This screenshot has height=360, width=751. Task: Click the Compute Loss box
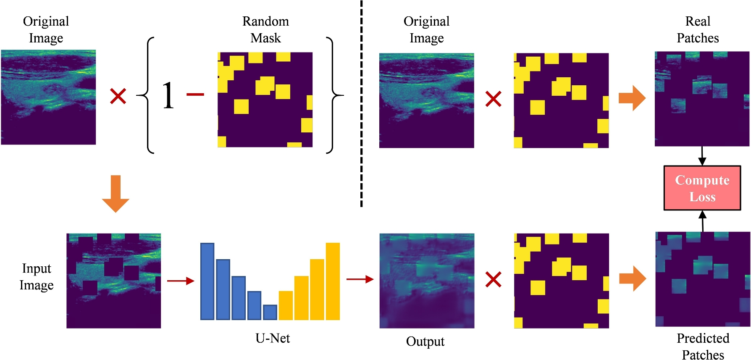(702, 188)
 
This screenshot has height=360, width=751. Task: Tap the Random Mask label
(265, 29)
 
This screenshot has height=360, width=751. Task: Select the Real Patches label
(698, 29)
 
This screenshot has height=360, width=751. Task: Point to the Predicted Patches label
(703, 346)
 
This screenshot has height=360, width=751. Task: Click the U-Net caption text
(273, 338)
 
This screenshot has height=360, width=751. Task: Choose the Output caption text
(425, 342)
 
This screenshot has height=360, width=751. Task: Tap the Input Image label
(37, 277)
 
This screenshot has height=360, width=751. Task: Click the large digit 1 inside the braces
(168, 96)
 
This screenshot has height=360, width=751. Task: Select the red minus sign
(195, 95)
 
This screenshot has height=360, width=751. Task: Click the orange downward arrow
(116, 194)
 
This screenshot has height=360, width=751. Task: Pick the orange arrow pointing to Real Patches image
(632, 98)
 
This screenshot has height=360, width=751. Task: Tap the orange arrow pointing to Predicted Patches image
(632, 279)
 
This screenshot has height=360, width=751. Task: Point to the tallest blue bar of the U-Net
(207, 281)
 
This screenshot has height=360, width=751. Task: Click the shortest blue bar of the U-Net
(270, 312)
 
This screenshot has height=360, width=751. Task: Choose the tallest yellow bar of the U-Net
(333, 281)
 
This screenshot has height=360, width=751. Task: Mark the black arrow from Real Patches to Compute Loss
(702, 156)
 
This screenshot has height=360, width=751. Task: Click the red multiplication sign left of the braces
(118, 96)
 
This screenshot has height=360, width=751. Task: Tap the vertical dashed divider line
(361, 105)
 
